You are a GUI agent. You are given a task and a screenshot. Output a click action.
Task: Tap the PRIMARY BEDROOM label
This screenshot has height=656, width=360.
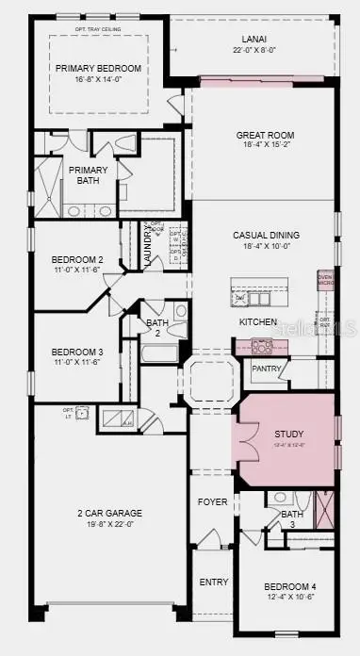click(98, 69)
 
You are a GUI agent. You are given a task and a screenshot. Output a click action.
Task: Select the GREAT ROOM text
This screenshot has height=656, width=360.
click(265, 136)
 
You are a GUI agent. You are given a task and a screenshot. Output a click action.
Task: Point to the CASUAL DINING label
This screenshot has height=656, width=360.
click(266, 235)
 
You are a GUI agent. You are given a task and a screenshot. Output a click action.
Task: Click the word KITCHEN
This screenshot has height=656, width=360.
click(258, 322)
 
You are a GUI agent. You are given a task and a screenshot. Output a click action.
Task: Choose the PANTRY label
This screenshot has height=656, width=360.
click(267, 369)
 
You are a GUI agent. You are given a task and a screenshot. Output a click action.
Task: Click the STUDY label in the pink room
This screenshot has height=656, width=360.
click(289, 435)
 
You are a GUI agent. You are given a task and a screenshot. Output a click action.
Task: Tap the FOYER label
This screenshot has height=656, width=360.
click(212, 502)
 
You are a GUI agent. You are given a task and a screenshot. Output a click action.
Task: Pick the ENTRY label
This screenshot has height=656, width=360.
click(214, 582)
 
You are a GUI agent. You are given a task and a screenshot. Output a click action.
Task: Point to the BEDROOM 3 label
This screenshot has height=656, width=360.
click(71, 351)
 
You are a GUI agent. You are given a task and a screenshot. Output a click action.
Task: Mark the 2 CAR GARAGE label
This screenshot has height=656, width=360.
click(111, 514)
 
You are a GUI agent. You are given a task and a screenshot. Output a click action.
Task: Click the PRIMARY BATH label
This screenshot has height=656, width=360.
click(88, 175)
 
